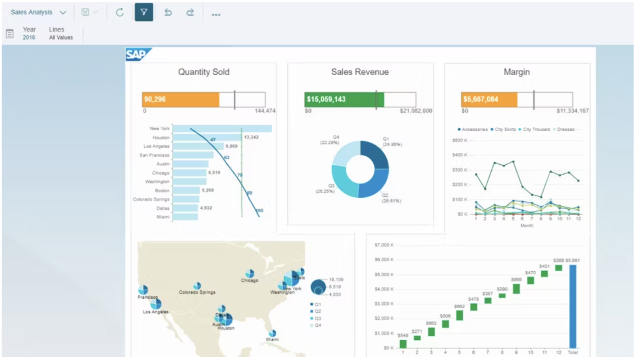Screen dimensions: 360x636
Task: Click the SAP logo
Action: click(x=137, y=54)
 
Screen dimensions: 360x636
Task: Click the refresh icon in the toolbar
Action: click(x=120, y=12)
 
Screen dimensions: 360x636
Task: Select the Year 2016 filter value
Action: click(x=29, y=37)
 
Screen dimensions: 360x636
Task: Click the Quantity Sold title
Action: click(x=204, y=72)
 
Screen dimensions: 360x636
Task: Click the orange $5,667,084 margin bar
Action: click(x=489, y=99)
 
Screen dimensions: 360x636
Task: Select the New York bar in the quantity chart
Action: click(x=222, y=128)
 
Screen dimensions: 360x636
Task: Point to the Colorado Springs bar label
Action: click(x=151, y=199)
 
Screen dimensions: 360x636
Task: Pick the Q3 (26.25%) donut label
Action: click(x=325, y=189)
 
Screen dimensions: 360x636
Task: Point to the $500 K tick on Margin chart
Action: click(x=460, y=140)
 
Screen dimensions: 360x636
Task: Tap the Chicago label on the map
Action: click(x=249, y=281)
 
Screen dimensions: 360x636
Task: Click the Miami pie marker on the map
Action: click(x=272, y=333)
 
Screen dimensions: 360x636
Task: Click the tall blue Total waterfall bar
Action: click(x=572, y=306)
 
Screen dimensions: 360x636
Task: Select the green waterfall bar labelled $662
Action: click(x=460, y=315)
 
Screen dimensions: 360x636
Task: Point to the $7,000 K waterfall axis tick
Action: click(x=384, y=245)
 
